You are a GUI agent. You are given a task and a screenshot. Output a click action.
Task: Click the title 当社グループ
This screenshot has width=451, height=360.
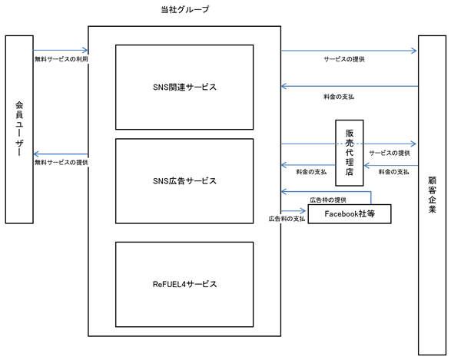[x=184, y=10]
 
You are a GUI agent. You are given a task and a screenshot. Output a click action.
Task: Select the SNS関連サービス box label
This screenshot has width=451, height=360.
[x=184, y=87]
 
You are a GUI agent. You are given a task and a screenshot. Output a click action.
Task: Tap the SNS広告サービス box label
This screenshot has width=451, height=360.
[x=184, y=181]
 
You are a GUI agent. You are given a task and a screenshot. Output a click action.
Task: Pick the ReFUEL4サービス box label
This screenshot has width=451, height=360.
[x=184, y=284]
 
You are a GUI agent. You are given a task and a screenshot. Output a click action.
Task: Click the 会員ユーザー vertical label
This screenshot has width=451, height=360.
[x=19, y=128]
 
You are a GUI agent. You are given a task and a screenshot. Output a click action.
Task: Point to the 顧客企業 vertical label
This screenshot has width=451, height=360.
[x=432, y=194]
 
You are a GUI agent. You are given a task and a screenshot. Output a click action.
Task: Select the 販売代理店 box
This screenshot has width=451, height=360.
[x=349, y=153]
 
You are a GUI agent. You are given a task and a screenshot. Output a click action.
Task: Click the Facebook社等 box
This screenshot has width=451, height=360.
[x=350, y=213]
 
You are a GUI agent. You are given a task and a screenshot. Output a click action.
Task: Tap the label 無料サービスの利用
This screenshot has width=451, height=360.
[x=61, y=59]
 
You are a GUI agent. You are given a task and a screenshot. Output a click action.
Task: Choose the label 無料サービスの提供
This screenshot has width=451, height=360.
[x=61, y=162]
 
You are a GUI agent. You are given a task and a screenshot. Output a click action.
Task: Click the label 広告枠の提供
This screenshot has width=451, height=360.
[x=328, y=200]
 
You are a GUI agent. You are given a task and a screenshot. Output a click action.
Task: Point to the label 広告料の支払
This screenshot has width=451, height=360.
[x=287, y=219]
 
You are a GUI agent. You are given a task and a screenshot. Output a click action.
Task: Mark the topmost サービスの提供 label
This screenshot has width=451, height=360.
[x=344, y=59]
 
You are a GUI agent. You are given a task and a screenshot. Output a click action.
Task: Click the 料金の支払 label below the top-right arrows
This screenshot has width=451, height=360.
[x=339, y=97]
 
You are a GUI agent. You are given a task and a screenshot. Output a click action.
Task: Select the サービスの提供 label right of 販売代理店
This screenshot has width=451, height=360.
[x=390, y=154]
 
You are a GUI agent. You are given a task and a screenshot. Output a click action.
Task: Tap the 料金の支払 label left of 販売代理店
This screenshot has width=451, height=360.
[x=311, y=172]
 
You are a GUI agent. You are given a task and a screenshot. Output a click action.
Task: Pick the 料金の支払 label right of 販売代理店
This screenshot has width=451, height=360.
[x=393, y=172]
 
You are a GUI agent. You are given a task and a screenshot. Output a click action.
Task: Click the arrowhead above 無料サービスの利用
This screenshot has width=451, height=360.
[x=85, y=51]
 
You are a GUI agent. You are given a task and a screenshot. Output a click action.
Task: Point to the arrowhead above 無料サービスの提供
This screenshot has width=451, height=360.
[x=36, y=154]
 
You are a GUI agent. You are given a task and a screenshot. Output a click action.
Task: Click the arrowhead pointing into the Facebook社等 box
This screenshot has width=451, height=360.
[x=303, y=211]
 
